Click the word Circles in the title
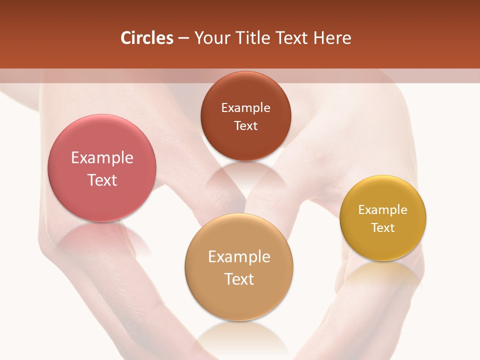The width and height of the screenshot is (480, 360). point(146,38)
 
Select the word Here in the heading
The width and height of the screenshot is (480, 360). point(332,38)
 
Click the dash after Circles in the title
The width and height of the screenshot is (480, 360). point(183,38)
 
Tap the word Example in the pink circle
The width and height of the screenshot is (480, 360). point(102,158)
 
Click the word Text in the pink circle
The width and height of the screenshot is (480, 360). point(102,180)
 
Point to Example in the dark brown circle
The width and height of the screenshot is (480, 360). point(245,108)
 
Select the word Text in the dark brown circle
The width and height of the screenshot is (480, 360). point(245,126)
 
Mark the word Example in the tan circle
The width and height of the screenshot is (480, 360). point(239,257)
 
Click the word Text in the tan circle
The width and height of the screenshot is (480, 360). point(239,279)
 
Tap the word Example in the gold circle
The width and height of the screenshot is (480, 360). point(383,210)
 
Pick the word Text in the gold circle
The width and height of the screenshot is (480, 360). point(383,228)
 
